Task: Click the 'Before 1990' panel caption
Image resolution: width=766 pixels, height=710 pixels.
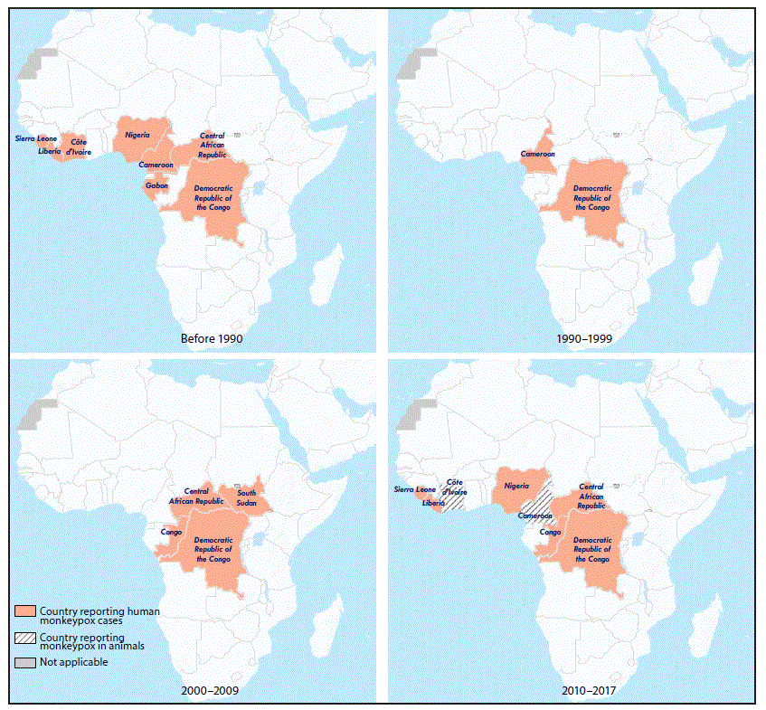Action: tap(212, 338)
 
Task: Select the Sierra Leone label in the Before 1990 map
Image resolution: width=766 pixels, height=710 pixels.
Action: tap(35, 138)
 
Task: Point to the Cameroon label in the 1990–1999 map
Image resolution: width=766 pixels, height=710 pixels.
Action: tap(537, 154)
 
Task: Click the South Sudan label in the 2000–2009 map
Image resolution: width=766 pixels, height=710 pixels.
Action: tap(246, 497)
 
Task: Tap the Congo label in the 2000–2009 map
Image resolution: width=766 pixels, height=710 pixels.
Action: tap(171, 532)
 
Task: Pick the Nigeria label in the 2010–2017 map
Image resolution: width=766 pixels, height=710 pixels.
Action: tap(516, 486)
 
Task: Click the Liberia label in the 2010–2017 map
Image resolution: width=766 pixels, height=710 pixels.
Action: tap(432, 502)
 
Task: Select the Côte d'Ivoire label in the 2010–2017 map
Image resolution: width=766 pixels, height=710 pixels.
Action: tap(457, 488)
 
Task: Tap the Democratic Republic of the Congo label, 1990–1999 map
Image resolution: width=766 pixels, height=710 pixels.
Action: tap(592, 198)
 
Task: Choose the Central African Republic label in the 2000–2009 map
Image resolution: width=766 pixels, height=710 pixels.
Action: tap(196, 496)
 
